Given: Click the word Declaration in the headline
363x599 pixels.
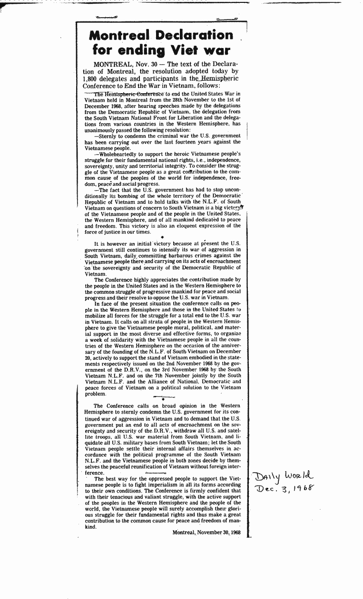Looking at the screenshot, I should (196, 35).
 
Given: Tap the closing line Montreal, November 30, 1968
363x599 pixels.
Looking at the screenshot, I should (206, 532).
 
